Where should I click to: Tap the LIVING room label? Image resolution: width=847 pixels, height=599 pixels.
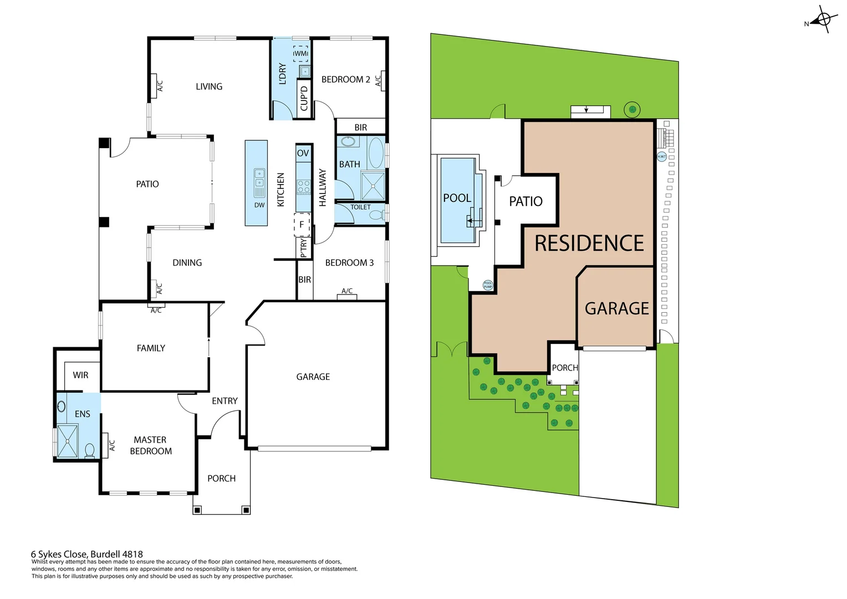pos(209,87)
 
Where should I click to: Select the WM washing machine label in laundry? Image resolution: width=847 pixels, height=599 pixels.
pos(301,53)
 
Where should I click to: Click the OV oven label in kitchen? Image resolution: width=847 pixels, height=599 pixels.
pos(303,153)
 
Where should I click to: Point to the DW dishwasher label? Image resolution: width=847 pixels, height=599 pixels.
pos(259,205)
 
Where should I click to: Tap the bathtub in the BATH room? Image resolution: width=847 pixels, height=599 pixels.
pos(376,153)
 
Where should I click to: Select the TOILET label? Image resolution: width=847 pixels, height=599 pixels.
pos(360,207)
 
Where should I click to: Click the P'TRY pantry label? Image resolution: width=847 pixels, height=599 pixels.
pos(303,248)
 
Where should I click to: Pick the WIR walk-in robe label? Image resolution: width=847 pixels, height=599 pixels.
pos(80,375)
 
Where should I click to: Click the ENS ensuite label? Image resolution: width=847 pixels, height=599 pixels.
pos(82,414)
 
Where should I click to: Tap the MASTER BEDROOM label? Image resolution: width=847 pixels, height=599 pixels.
pos(151,445)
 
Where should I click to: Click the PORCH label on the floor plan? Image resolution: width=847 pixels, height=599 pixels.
pos(221,479)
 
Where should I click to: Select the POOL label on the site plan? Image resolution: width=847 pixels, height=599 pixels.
pos(457,198)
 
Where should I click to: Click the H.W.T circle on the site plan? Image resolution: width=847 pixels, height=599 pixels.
pos(661,156)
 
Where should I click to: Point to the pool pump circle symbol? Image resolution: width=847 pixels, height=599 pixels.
pos(488,285)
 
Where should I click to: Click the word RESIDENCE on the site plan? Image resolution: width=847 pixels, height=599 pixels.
pos(589,243)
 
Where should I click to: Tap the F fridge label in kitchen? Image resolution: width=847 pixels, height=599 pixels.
pos(302,225)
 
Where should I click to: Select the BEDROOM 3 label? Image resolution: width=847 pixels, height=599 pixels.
pos(349,263)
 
